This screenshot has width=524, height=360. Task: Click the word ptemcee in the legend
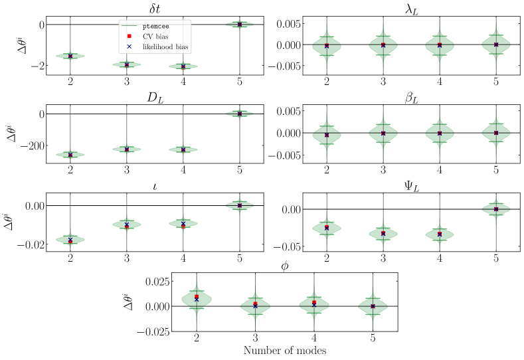[x=155, y=27]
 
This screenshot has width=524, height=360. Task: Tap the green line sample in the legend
[x=129, y=27]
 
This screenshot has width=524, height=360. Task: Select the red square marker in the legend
[x=129, y=36]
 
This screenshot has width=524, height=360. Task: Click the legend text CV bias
[x=153, y=36]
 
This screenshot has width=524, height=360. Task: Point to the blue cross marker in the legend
[x=129, y=46]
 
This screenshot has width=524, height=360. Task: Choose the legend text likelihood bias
[x=165, y=46]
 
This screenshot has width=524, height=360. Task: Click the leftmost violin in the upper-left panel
[x=70, y=56]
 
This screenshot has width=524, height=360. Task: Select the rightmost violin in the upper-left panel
[x=240, y=25]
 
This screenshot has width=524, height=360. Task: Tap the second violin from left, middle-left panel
[x=127, y=149]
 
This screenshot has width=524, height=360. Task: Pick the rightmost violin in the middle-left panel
[x=240, y=114]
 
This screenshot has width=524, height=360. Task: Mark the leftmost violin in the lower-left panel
[x=70, y=239]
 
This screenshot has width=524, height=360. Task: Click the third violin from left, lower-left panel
[x=183, y=224]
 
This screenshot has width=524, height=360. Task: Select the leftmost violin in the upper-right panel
[x=327, y=46]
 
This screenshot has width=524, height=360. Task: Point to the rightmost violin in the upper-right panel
[x=496, y=45]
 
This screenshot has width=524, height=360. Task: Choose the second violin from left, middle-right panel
[x=383, y=134]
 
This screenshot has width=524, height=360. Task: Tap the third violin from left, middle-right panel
[x=440, y=132]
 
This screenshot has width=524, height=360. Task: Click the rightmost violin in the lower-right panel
[x=496, y=209]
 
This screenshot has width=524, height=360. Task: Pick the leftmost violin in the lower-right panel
[x=327, y=228]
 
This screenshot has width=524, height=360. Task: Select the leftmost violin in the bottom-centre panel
[x=197, y=299]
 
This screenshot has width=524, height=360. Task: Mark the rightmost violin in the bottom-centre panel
[x=373, y=306]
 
